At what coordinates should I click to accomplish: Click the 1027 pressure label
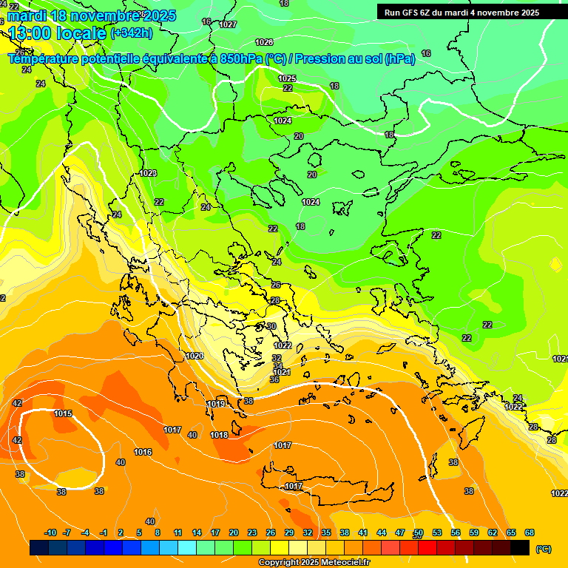point(228,24)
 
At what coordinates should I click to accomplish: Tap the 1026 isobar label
point(263,42)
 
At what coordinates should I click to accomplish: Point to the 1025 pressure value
point(287,78)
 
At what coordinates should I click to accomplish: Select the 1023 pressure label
point(148,173)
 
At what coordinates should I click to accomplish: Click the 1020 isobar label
point(195,356)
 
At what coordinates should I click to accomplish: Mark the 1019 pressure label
point(217,404)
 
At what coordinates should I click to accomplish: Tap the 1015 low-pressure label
point(63,413)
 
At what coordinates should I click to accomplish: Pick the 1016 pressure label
point(143,452)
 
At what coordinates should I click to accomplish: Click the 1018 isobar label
point(219,435)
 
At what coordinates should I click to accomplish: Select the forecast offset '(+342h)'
point(132,33)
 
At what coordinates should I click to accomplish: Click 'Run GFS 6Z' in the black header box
point(410,13)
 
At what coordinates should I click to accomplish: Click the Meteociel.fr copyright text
point(314,562)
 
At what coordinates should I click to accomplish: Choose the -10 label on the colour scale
point(50,532)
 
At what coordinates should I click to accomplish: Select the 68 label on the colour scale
point(530,532)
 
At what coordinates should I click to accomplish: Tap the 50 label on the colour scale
point(419,532)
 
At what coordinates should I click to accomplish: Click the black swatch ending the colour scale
point(520,548)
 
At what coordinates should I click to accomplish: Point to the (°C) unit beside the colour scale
point(543,549)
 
